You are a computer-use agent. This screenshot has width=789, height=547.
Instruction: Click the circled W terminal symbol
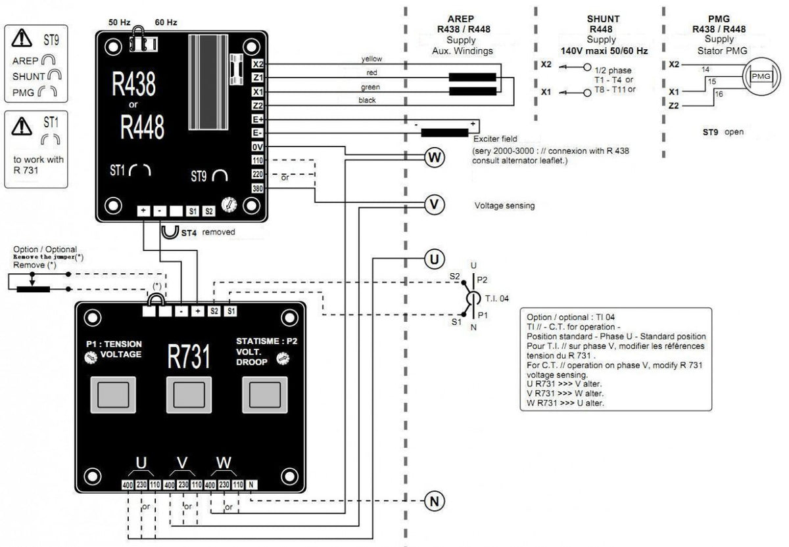[x=433, y=157]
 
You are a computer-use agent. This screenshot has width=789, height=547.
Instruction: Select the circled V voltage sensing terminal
[x=433, y=204]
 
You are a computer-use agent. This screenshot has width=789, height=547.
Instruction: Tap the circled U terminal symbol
[x=433, y=259]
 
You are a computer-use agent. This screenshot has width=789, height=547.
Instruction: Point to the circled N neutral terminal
[x=433, y=501]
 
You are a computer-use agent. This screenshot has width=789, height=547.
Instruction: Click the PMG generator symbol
[x=759, y=77]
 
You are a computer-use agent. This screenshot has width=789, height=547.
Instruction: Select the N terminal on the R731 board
[x=251, y=485]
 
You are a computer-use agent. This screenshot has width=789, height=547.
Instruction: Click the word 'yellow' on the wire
[x=371, y=59]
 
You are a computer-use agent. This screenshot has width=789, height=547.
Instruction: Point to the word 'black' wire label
[x=367, y=100]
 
